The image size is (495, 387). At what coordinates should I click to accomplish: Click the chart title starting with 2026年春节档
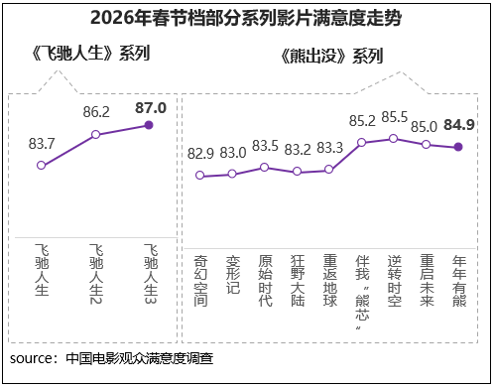246,18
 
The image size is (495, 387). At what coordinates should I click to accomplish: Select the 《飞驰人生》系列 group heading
90,54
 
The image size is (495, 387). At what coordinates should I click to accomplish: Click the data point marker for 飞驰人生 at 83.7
41,165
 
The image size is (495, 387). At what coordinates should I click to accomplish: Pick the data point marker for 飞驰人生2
95,134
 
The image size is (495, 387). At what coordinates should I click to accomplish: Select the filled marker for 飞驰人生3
150,125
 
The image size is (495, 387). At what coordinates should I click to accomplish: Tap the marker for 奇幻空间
200,176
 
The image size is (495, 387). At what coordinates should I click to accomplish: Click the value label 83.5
265,146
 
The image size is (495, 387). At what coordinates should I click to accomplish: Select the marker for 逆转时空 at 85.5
394,138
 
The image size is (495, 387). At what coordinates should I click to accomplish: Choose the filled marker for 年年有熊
458,147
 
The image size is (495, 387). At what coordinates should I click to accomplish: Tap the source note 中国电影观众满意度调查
139,358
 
